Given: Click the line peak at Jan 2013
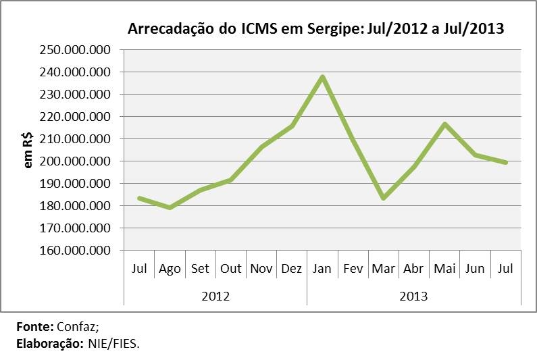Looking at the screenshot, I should (322, 76).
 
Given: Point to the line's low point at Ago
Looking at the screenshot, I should (170, 207).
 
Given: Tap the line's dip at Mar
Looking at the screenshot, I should (383, 198).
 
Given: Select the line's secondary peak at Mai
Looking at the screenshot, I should (444, 124).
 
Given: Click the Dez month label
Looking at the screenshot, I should (292, 268).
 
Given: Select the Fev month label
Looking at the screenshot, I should (353, 268).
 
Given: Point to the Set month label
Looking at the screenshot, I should (200, 268).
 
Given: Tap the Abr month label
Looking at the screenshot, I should (413, 268).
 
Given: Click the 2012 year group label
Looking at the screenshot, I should (215, 296).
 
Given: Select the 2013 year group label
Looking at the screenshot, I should (413, 296).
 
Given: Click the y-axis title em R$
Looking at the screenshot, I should (28, 151).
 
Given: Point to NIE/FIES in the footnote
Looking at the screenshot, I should (113, 343).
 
